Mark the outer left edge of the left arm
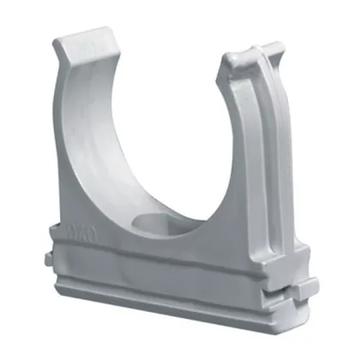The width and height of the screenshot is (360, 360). pos(69,129)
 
